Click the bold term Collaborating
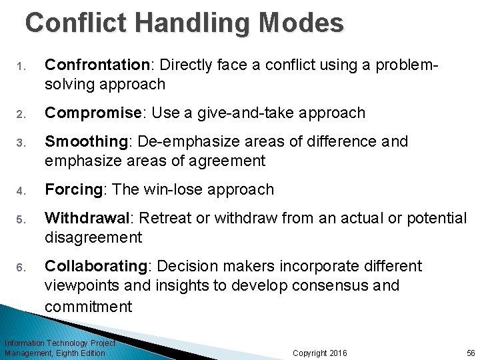[95, 267]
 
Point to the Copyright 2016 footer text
[320, 353]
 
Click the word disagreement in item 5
[93, 237]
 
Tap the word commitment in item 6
[89, 307]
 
